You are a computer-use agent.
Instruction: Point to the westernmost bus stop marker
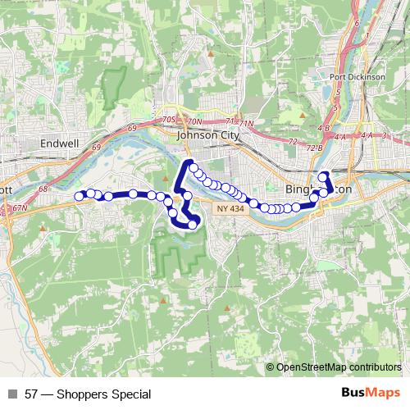80,196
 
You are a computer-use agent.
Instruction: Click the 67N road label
20,208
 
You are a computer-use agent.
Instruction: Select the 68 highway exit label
43,189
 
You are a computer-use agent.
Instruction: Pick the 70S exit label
169,120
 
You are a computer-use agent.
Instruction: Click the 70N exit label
194,121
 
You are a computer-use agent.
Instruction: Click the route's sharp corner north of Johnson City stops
189,162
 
